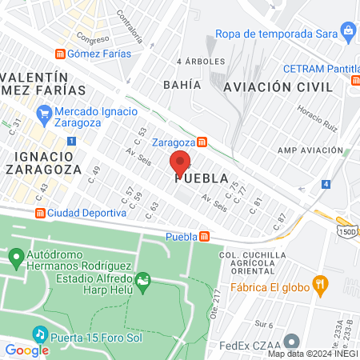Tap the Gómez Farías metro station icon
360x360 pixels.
[x=60, y=54]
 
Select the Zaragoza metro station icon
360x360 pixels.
[x=203, y=142]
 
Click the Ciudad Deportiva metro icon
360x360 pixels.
[x=39, y=213]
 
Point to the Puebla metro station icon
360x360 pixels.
[x=206, y=237]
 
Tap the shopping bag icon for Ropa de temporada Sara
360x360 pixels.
[x=348, y=31]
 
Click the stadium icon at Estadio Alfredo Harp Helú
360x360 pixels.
[x=143, y=279]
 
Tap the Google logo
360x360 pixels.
[x=26, y=350]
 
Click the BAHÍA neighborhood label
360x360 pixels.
[x=181, y=83]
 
